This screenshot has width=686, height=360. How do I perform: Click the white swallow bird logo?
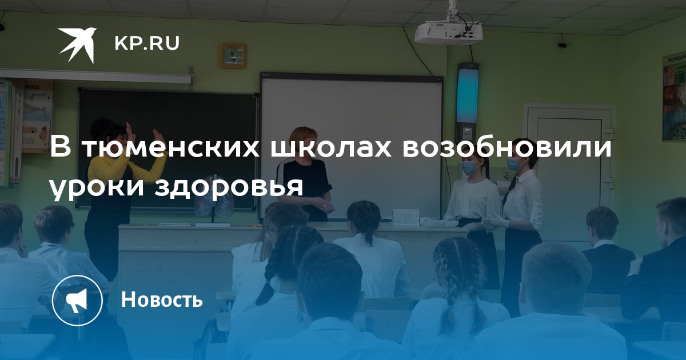click(77, 45)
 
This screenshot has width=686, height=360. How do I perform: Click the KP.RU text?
click(147, 43)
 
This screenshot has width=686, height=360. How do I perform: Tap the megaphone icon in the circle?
click(77, 301)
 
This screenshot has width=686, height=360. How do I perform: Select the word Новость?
click(162, 299)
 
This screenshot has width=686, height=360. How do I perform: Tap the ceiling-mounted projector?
click(449, 32)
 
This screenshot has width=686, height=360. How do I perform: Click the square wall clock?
click(233, 56)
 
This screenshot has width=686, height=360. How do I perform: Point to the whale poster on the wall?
click(37, 117)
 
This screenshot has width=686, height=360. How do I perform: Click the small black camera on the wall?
click(563, 45)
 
